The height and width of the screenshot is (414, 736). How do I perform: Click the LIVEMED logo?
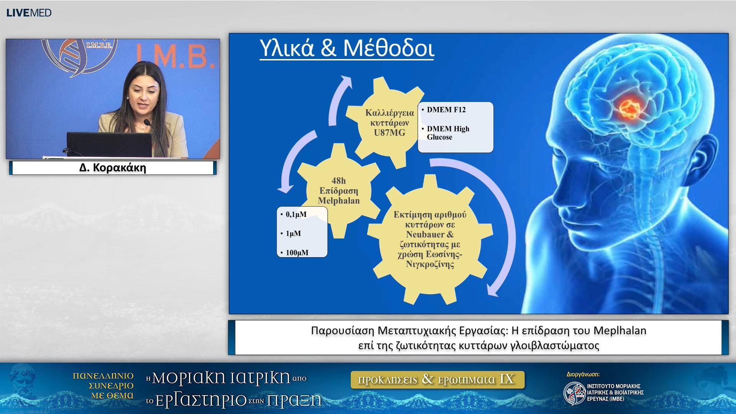(x=29, y=13)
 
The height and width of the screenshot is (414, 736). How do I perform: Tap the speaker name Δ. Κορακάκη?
(x=113, y=168)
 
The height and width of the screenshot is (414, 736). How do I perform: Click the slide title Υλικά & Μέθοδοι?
(x=347, y=48)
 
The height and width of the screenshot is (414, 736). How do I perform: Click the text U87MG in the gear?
(x=389, y=133)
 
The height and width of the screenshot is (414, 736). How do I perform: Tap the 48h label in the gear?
(x=338, y=181)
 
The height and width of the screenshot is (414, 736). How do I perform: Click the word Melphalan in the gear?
(x=339, y=200)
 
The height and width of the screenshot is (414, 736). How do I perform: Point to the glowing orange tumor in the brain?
(x=629, y=108)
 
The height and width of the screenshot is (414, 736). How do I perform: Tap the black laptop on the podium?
(x=109, y=144)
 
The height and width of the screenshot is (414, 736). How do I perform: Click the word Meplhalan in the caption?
(x=620, y=330)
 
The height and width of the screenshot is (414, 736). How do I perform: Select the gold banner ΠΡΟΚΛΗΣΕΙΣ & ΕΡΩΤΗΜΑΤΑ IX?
(x=437, y=379)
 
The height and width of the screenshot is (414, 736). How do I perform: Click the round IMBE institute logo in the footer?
(x=574, y=393)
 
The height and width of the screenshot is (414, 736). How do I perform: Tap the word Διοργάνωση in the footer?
(x=583, y=375)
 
